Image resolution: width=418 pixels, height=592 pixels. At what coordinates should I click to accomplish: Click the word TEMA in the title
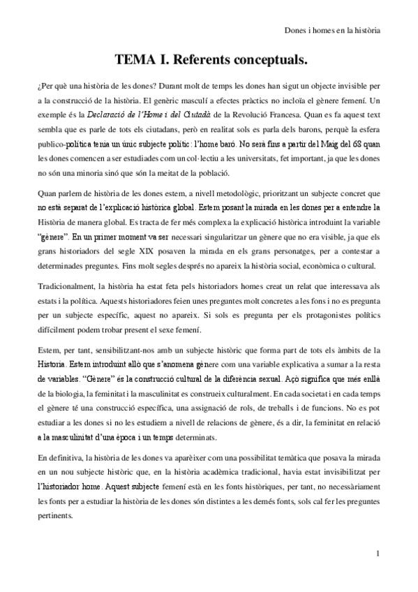tap(133, 61)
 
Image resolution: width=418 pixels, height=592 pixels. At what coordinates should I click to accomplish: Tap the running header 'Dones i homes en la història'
tap(333, 31)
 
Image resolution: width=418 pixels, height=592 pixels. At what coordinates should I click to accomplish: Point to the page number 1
tap(378, 555)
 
